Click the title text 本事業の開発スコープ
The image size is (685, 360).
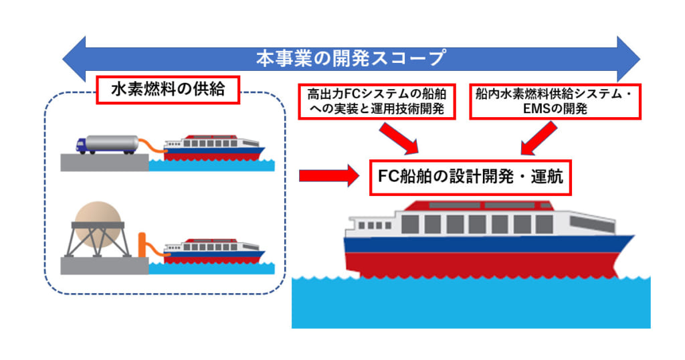point(351,58)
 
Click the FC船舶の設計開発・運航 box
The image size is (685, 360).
point(471,177)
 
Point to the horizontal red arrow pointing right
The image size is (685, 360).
point(328,177)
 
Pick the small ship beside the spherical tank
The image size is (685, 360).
point(213,250)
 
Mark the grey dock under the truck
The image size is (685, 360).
point(104,162)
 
